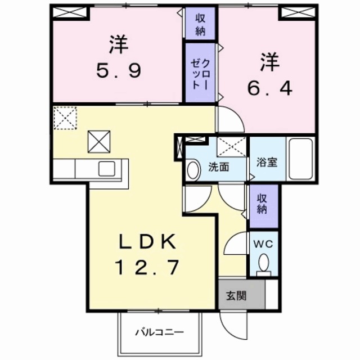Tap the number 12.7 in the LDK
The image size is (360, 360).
click(150, 266)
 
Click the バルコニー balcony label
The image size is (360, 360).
click(159, 331)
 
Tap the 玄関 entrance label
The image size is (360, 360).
click(236, 295)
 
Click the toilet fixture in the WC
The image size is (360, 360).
click(263, 264)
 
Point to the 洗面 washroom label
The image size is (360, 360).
click(218, 168)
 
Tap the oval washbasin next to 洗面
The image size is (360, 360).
click(192, 169)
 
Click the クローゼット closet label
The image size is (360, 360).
click(200, 73)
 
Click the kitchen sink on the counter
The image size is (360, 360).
click(106, 169)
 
